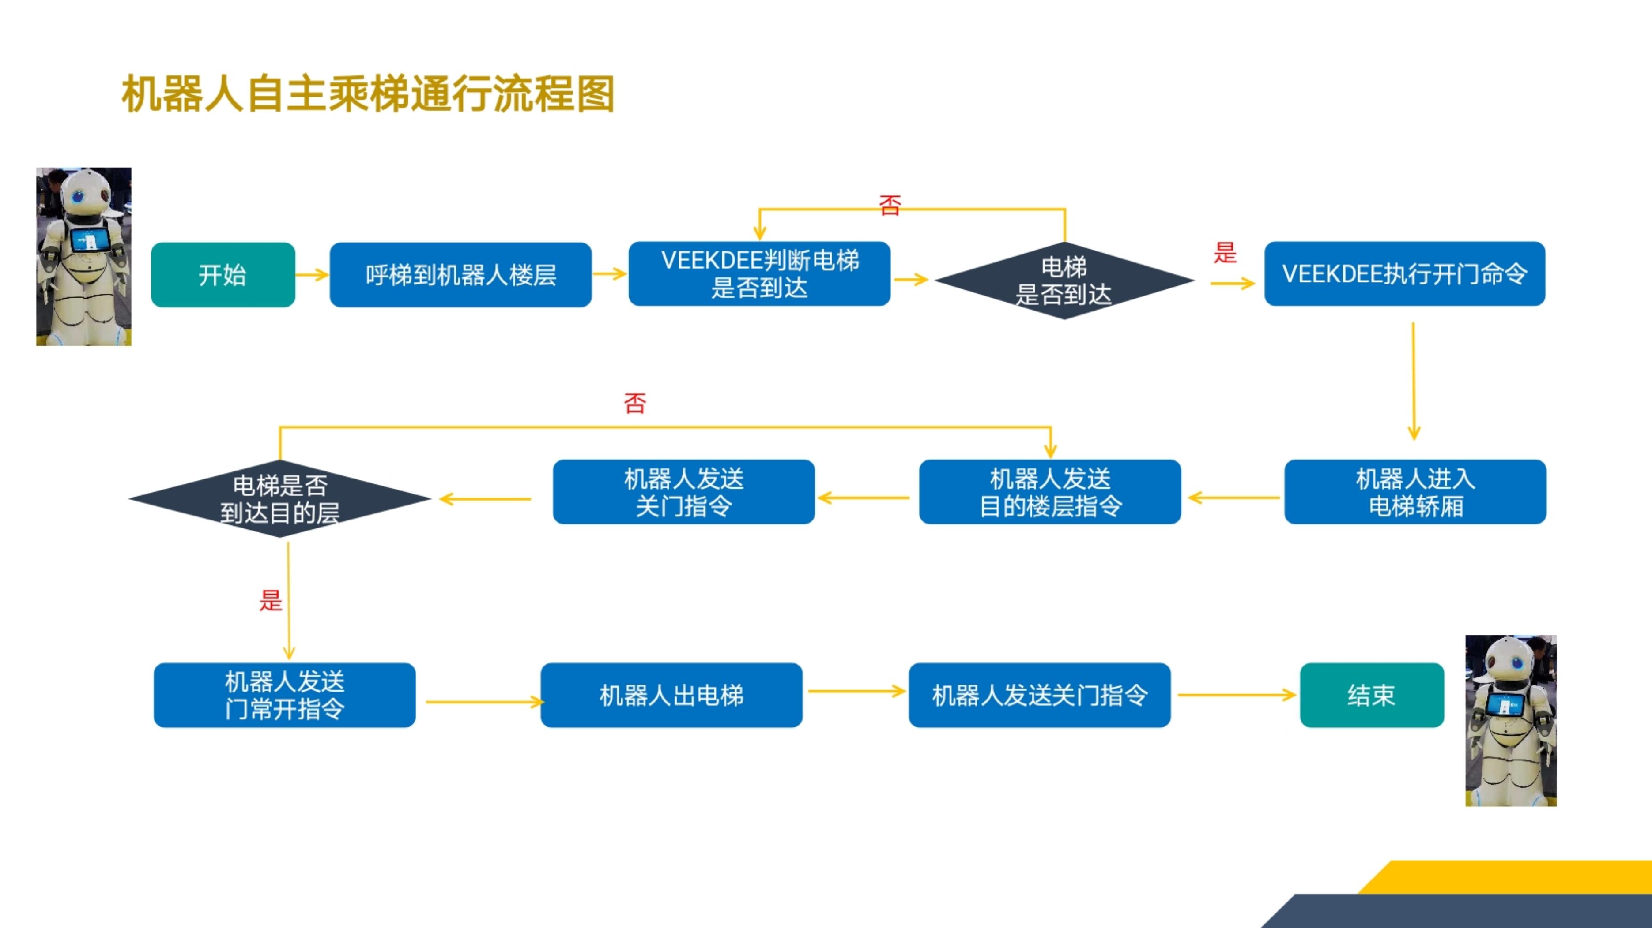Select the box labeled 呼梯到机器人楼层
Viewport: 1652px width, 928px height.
(x=460, y=274)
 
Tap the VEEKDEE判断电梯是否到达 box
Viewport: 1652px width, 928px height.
(x=759, y=273)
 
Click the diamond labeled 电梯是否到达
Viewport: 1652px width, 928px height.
(x=1064, y=280)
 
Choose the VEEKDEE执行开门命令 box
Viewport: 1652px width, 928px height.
(x=1404, y=273)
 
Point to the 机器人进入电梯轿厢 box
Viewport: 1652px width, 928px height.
(x=1415, y=491)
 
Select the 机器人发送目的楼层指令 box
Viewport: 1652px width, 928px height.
(x=1050, y=491)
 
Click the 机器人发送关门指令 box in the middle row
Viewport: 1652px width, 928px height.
(x=684, y=491)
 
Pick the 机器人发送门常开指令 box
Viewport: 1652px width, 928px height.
(x=285, y=695)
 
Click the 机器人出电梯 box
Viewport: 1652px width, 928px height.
(x=671, y=695)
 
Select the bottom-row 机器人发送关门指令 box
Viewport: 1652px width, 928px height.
(x=1040, y=695)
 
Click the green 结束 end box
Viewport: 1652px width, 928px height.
(x=1372, y=695)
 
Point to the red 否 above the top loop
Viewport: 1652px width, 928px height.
(x=890, y=205)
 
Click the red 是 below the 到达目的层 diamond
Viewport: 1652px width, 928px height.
(x=271, y=600)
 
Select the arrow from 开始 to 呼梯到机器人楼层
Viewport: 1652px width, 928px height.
(x=312, y=275)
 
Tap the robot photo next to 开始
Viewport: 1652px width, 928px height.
(x=83, y=256)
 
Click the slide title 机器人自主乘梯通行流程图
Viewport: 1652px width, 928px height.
(x=368, y=94)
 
